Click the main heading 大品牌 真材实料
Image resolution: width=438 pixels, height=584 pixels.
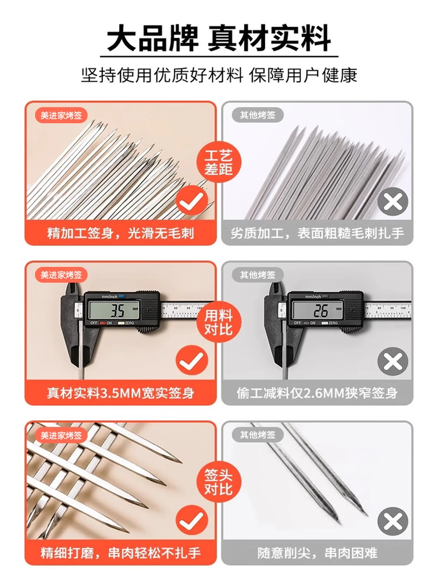tap(219, 38)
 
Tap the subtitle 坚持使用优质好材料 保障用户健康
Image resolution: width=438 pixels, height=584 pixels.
tap(219, 75)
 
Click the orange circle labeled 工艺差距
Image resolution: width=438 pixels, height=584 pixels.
tap(219, 162)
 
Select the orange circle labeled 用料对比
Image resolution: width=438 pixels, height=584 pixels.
tap(219, 322)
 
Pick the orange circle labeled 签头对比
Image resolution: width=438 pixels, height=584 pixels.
tap(219, 481)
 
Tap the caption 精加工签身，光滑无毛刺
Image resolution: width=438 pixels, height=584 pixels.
tap(120, 234)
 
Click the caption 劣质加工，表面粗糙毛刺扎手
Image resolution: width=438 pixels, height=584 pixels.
tap(317, 234)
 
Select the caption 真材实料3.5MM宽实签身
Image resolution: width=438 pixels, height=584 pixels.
tap(120, 393)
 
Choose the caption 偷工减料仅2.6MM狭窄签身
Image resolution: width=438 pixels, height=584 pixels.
tap(317, 393)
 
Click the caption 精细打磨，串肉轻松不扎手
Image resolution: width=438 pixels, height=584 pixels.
tap(120, 553)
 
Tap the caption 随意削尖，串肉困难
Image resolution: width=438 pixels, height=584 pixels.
tap(317, 553)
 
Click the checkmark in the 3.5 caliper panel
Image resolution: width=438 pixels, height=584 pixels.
tap(192, 360)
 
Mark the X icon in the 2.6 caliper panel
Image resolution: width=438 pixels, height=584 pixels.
tap(393, 361)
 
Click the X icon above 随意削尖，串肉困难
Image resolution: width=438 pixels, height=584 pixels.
tap(393, 521)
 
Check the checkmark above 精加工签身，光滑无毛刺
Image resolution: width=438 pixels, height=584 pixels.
tap(192, 200)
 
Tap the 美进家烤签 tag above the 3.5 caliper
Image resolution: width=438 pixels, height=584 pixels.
tap(61, 275)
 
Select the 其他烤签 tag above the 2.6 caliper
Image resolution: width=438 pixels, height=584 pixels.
tap(258, 275)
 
